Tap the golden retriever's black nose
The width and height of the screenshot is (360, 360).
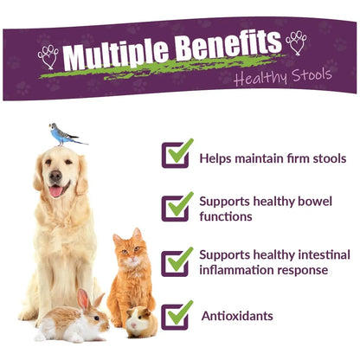(x=55, y=176)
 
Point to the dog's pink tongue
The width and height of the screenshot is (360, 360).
(x=56, y=191)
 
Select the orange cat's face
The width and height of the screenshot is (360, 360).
(x=131, y=252)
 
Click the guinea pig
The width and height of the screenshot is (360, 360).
(x=142, y=322)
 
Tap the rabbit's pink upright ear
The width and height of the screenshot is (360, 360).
(x=83, y=299)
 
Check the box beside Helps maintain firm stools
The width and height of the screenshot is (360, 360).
(x=177, y=153)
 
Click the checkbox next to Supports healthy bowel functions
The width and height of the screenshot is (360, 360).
(x=177, y=207)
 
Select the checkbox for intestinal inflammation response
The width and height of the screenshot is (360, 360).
(x=177, y=262)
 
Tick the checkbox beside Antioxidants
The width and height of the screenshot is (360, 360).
(x=177, y=315)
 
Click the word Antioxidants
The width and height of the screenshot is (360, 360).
(x=237, y=316)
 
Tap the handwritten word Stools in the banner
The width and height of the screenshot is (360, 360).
(x=312, y=74)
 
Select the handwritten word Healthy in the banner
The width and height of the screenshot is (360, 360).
(x=260, y=77)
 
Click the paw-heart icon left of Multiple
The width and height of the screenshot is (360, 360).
(x=48, y=56)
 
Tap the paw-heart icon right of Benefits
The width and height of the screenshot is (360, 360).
(x=296, y=42)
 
